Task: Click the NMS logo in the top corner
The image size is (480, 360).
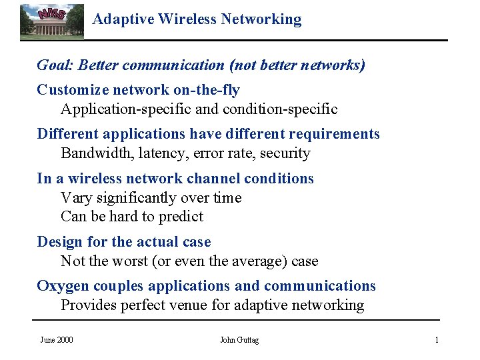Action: pyautogui.click(x=51, y=21)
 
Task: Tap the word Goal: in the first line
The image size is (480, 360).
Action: pyautogui.click(x=55, y=65)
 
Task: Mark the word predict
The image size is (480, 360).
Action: pyautogui.click(x=179, y=217)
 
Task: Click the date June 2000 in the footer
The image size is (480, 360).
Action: pyautogui.click(x=57, y=340)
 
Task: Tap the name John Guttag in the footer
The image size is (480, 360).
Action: pyautogui.click(x=239, y=340)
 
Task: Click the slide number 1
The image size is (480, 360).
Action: pyautogui.click(x=437, y=340)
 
